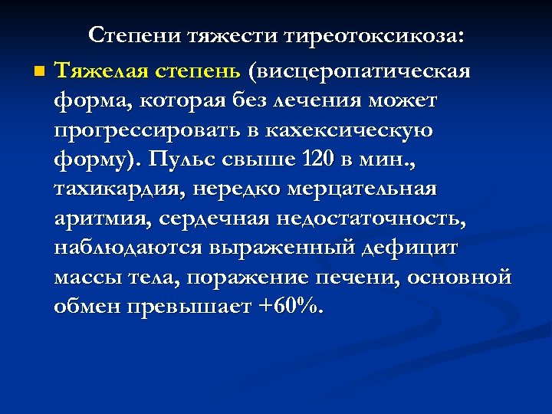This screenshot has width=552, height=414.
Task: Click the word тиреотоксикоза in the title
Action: [x=376, y=35]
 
